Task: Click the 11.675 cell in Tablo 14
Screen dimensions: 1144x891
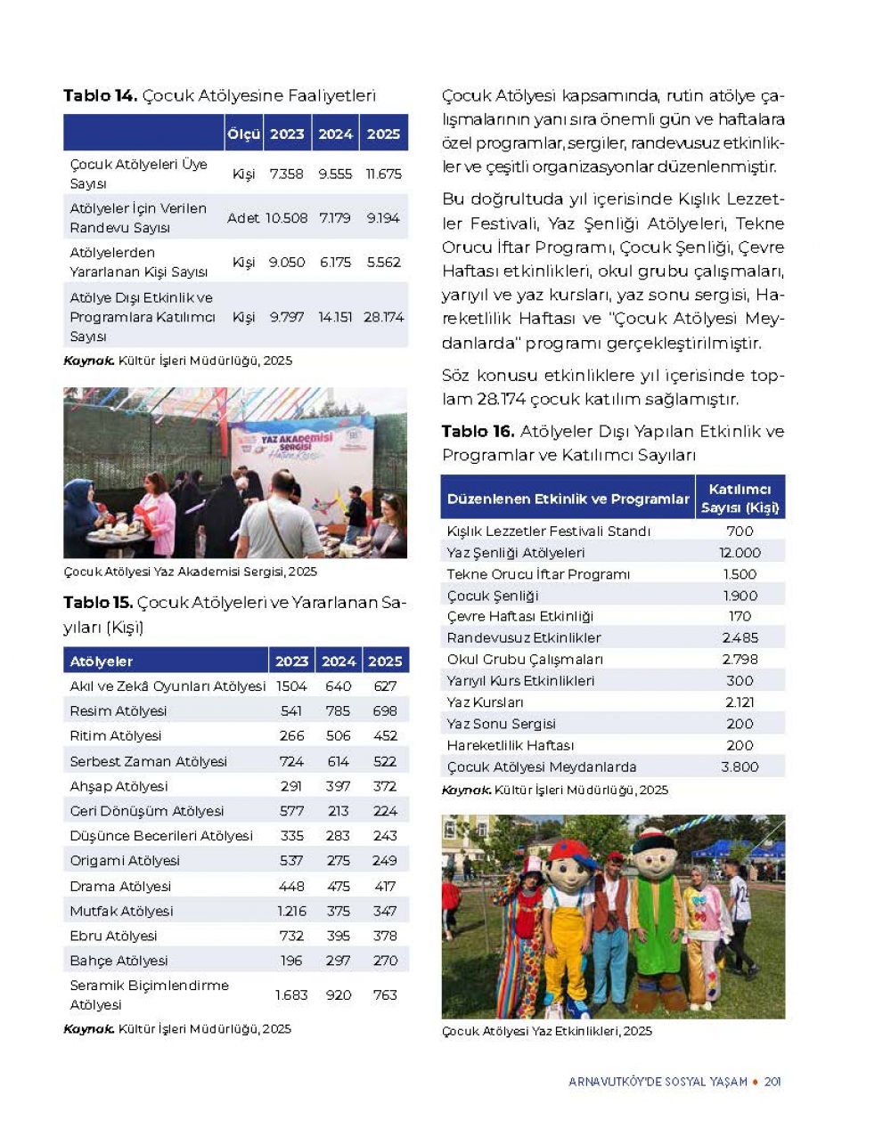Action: point(383,174)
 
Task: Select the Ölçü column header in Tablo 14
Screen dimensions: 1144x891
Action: point(243,134)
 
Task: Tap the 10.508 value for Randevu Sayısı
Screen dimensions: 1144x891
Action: point(286,218)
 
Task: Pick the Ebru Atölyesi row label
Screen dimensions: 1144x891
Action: point(113,936)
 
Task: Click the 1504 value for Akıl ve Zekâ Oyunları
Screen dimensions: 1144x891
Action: point(291,686)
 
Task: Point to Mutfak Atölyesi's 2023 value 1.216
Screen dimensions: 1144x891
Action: point(291,911)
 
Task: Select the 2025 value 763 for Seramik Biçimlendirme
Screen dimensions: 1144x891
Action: point(385,994)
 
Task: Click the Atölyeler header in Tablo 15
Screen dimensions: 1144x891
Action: point(102,661)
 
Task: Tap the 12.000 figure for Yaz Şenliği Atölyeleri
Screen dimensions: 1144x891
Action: point(740,553)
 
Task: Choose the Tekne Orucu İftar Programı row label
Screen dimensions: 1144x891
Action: point(538,574)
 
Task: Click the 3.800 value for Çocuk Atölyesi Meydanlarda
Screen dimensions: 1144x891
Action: point(740,767)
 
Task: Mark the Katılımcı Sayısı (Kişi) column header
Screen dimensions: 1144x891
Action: point(740,499)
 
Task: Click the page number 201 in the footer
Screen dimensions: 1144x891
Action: point(772,1082)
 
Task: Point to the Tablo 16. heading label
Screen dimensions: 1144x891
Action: point(478,432)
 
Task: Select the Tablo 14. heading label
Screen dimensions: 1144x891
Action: point(100,96)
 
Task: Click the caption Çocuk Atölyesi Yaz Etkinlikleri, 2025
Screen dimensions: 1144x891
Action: point(546,1031)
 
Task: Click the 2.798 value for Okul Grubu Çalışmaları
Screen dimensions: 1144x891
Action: point(740,660)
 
